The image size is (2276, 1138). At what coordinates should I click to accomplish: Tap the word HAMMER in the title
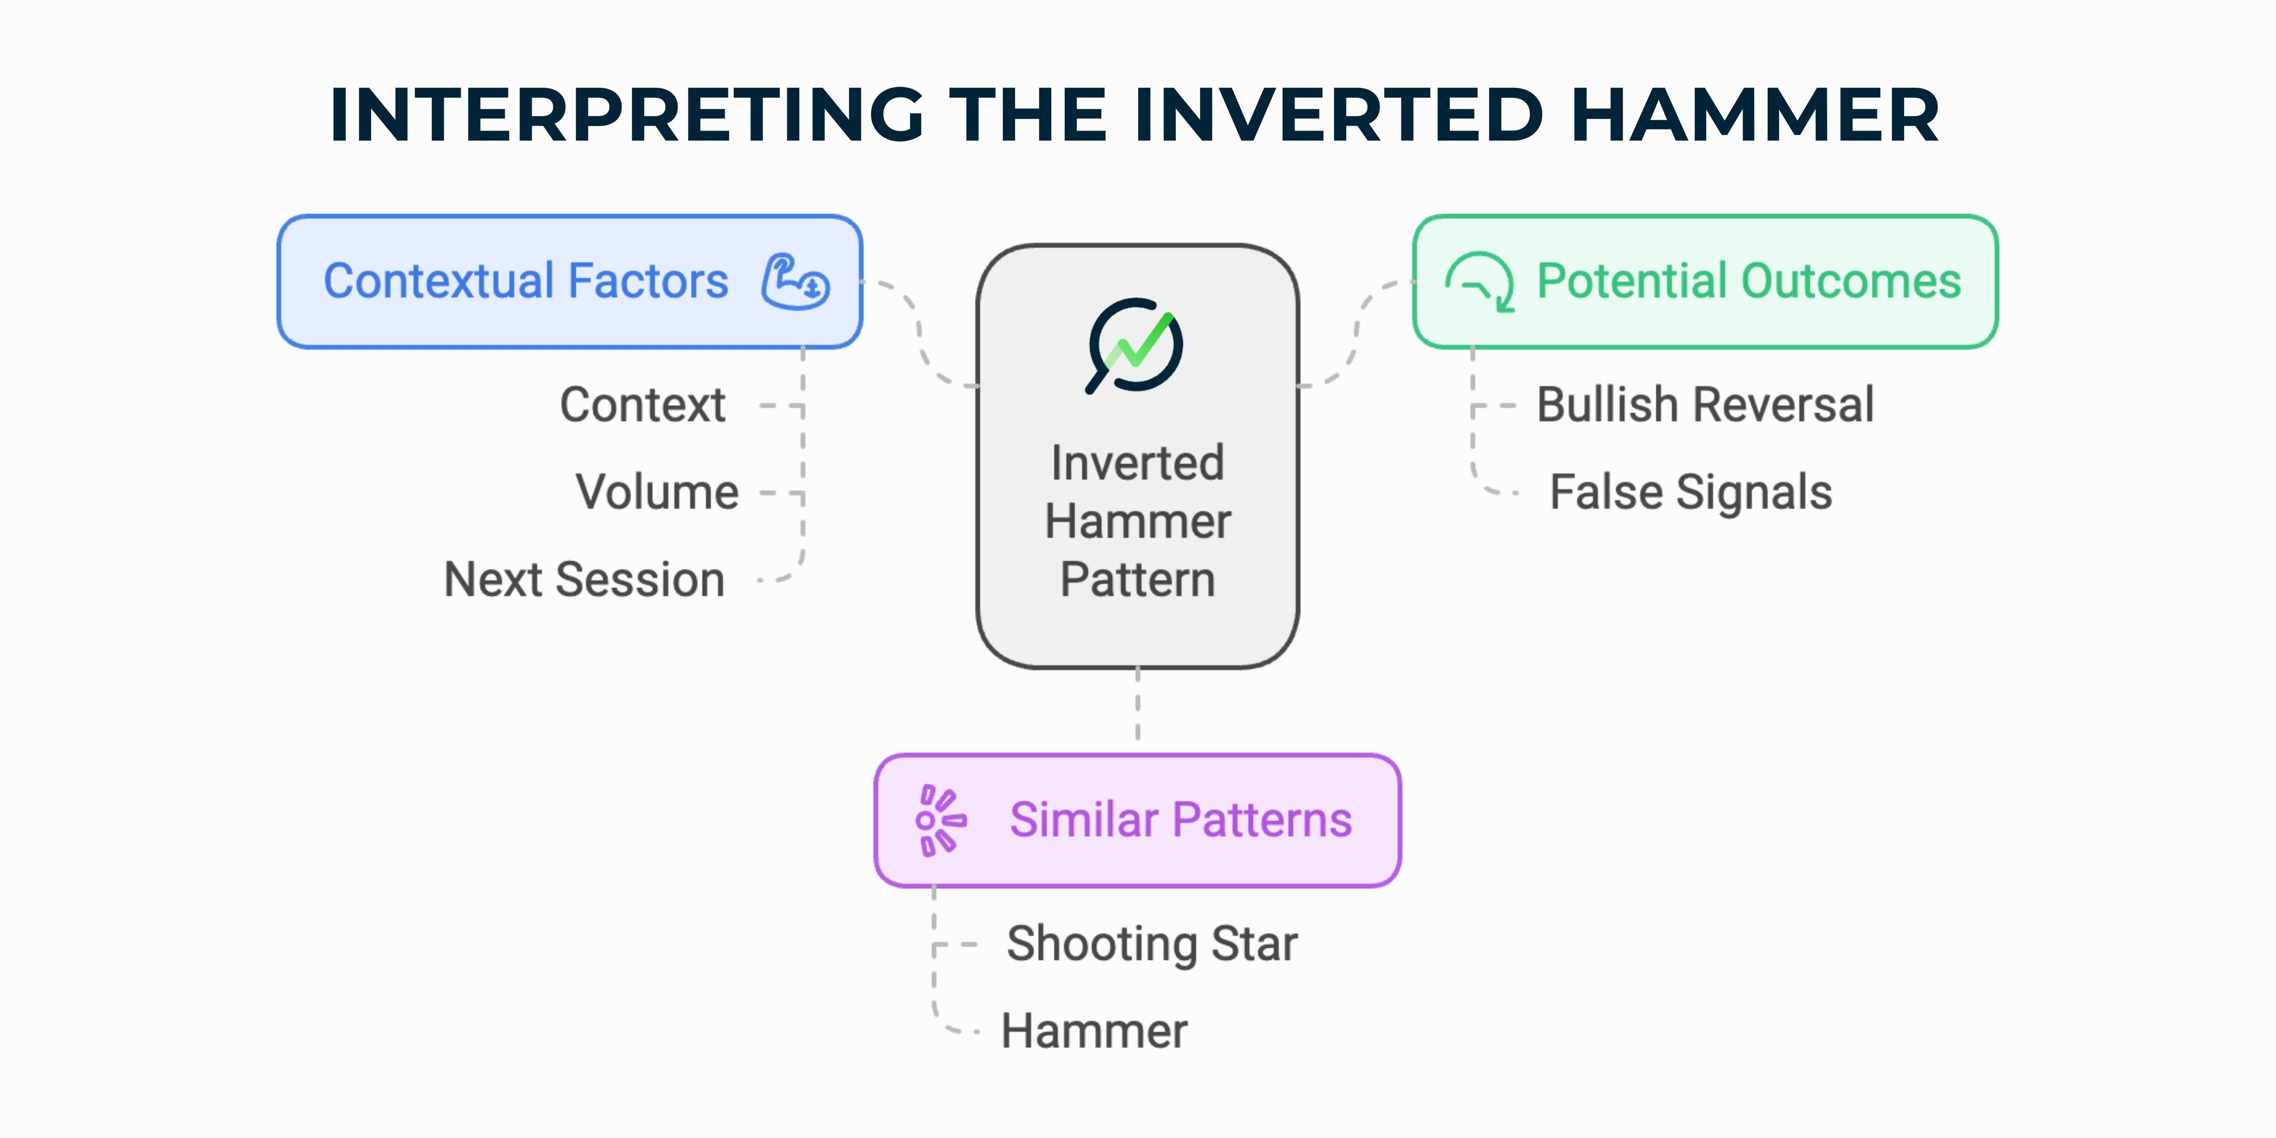[1755, 115]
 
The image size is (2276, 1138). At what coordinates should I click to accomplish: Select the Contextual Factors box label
[526, 281]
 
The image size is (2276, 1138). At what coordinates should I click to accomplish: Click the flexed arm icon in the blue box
[795, 282]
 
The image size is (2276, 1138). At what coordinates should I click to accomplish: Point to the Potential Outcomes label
[1749, 281]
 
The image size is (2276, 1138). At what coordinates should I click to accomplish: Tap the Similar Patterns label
[1180, 820]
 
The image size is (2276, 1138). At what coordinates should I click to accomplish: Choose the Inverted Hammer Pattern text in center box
[1137, 521]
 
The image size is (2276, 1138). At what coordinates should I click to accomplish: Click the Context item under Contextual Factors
[642, 406]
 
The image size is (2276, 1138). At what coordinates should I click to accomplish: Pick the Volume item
[656, 492]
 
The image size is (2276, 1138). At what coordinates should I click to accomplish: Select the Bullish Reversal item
[1705, 406]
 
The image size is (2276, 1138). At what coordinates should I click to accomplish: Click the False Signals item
[1690, 492]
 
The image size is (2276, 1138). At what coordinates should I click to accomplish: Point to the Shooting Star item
[1151, 944]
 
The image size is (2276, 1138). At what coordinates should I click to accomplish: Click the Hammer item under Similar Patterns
[1094, 1031]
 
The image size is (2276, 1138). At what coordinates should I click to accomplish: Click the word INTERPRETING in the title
[626, 115]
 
